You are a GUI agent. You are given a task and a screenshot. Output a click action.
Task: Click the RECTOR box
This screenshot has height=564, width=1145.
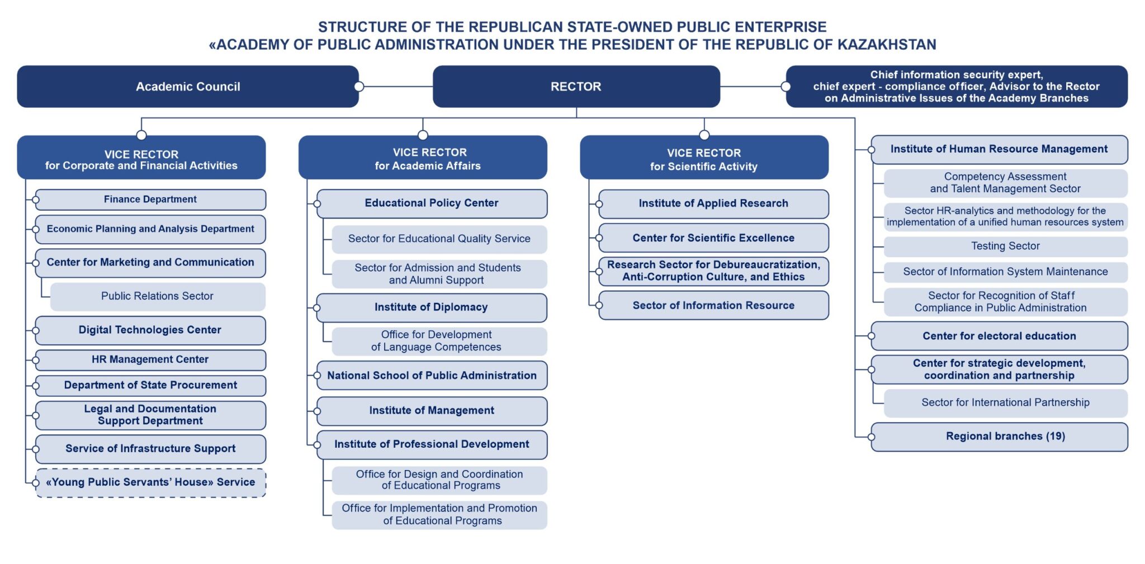576,87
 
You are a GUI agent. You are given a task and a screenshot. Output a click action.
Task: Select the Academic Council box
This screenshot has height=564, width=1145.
188,87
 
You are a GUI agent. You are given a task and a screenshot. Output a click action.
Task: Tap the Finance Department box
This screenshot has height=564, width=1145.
150,200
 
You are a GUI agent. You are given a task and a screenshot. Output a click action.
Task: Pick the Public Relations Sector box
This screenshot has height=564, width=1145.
158,296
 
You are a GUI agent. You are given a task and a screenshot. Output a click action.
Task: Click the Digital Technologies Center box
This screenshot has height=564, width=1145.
150,330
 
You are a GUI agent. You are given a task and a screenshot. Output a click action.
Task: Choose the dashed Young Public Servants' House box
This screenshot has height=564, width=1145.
150,482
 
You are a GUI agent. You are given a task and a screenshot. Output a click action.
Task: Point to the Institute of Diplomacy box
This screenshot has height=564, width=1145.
432,307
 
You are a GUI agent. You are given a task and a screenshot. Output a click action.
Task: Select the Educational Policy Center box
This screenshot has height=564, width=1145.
432,203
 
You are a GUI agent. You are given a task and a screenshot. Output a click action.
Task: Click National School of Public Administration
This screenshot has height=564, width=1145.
432,376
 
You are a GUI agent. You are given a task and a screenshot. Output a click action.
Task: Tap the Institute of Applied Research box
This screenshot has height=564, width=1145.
713,203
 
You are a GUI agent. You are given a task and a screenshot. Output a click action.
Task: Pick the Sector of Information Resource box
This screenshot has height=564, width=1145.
713,305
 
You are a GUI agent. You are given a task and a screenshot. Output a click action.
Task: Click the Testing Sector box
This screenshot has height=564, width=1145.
1006,246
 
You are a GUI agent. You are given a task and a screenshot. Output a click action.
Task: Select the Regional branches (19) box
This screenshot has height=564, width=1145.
1000,437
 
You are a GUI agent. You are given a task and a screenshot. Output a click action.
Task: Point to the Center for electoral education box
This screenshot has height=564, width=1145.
1000,336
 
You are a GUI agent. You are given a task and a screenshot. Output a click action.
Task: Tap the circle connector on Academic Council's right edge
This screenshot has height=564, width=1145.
359,87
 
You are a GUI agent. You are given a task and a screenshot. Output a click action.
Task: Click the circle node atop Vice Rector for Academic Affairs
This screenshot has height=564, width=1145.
423,135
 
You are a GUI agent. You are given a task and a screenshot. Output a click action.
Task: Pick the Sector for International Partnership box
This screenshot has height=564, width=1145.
1006,403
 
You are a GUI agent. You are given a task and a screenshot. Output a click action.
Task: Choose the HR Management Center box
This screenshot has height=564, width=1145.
150,360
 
